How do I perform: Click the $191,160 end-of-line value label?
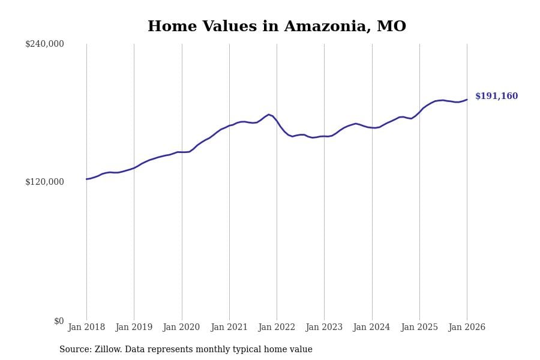(x=496, y=97)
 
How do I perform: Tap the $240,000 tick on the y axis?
(x=44, y=44)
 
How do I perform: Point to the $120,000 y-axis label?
(x=44, y=182)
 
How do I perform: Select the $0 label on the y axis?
(x=59, y=321)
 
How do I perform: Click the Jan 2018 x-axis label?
(x=86, y=328)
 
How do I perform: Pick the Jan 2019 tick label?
(x=134, y=328)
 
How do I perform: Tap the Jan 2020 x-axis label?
(x=181, y=328)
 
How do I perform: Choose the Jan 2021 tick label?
(x=229, y=328)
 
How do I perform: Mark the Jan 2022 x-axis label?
(x=277, y=328)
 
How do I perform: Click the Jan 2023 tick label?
(x=324, y=328)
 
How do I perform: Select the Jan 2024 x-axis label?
(x=371, y=328)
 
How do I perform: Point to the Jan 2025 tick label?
(x=419, y=328)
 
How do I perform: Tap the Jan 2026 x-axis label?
(x=467, y=328)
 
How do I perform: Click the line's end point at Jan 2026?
(x=467, y=100)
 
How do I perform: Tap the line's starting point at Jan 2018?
(x=86, y=179)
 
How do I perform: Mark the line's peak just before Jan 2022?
(x=269, y=114)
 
